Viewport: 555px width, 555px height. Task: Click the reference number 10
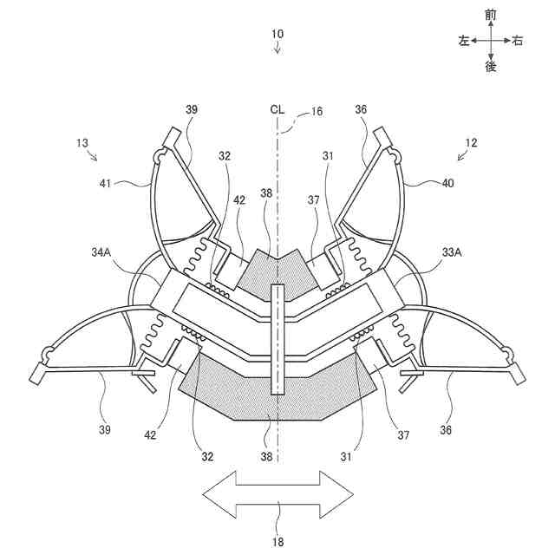point(277,34)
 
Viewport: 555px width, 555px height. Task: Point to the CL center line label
point(277,109)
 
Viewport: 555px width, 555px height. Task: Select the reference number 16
point(317,111)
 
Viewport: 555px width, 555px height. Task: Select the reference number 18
point(277,541)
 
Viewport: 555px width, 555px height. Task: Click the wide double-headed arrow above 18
point(277,494)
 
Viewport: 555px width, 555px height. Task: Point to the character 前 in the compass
point(491,15)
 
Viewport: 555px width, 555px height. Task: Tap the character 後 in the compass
point(491,66)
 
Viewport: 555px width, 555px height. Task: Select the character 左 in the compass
point(464,40)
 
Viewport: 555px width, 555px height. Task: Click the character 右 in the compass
point(518,40)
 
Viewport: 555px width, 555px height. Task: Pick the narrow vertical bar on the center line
point(277,338)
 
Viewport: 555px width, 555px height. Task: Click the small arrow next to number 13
point(93,156)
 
